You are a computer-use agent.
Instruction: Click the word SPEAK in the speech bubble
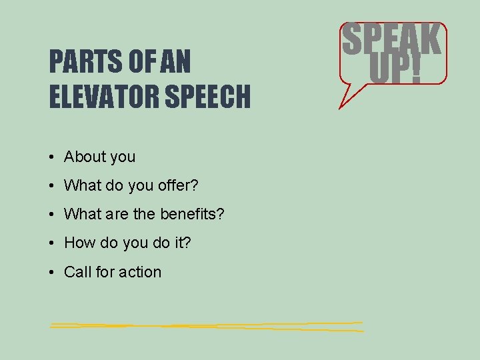click(391, 41)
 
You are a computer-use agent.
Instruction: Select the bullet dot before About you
click(51, 157)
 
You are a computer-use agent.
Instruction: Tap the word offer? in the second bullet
click(180, 185)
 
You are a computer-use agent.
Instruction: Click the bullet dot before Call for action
click(51, 272)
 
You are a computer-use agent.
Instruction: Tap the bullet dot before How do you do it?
click(51, 243)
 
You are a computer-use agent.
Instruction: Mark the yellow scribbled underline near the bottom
click(207, 326)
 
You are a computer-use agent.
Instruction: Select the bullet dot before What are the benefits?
click(51, 215)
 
